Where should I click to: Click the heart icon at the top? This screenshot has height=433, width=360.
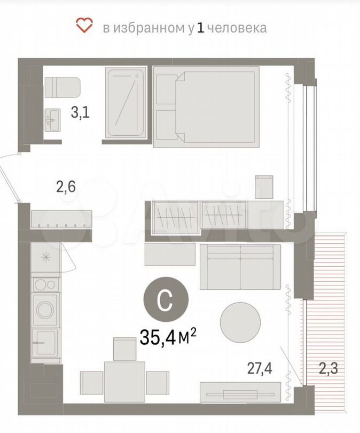85,26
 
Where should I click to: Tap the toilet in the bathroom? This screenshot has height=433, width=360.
62,87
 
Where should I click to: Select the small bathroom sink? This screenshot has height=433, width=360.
53,120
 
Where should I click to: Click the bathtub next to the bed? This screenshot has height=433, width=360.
126,103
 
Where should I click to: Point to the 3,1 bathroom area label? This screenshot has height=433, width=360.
80,113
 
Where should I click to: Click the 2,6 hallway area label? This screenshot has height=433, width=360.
66,187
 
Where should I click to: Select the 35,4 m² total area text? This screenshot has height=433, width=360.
168,337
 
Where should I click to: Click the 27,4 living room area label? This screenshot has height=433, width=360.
260,369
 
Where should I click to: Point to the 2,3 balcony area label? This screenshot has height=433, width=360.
328,369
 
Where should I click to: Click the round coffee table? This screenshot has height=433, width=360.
240,322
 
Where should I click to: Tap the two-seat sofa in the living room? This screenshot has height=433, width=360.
240,267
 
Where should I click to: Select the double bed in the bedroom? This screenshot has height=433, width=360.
206,107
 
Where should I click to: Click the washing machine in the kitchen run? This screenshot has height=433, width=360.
46,310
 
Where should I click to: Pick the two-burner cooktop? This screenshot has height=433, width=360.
46,285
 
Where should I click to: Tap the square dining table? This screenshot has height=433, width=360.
124,382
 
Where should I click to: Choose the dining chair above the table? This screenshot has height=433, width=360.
124,349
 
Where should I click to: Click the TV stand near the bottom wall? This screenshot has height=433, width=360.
240,392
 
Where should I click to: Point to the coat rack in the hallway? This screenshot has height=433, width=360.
61,219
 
